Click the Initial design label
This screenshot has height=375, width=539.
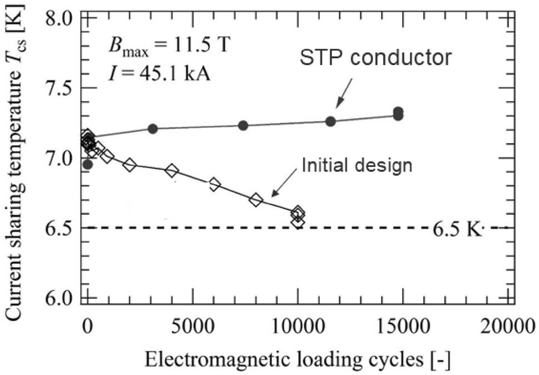point(356,165)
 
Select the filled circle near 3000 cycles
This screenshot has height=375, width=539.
point(153,129)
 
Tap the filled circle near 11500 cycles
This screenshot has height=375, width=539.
point(330,121)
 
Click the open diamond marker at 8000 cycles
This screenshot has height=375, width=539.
point(256,200)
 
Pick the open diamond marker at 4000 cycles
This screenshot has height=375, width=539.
point(172,171)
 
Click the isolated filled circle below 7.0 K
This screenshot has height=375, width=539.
point(87,164)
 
